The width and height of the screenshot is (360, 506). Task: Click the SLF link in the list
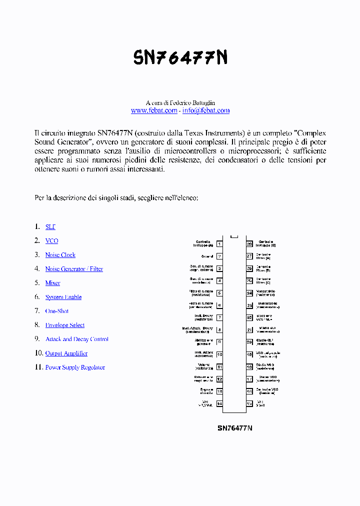click(50, 227)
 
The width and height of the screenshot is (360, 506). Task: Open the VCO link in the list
click(51, 241)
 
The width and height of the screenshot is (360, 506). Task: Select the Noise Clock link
click(60, 255)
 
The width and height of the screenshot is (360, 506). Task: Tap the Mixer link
click(52, 283)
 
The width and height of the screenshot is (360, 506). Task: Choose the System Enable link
click(63, 297)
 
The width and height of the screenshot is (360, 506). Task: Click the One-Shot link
click(56, 311)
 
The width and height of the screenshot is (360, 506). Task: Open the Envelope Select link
click(64, 325)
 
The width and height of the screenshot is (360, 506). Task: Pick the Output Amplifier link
click(66, 353)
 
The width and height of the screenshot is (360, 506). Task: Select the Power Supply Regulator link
click(75, 367)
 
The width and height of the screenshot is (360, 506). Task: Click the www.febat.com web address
click(154, 110)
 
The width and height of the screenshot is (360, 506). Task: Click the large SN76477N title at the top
click(180, 58)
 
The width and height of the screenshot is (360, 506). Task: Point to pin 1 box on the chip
click(219, 244)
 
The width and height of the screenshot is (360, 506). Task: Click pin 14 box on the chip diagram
click(219, 403)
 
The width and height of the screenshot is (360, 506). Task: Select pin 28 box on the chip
click(249, 244)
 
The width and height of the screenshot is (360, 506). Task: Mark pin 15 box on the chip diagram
click(249, 403)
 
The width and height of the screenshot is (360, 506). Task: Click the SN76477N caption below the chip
click(234, 428)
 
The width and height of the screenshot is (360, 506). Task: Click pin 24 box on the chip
click(249, 293)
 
